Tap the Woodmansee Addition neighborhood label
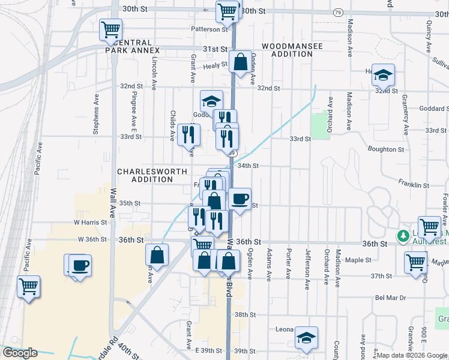tap(288, 50)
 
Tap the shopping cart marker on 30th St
tap(227, 11)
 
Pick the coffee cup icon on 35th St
tap(240, 199)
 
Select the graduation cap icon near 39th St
tap(306, 338)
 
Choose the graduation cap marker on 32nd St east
tap(383, 75)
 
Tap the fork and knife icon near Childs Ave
tap(188, 135)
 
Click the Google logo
tap(20, 353)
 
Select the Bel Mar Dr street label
tap(391, 298)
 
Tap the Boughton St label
tap(382, 149)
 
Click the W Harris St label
tap(90, 222)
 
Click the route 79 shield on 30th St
tap(338, 13)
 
